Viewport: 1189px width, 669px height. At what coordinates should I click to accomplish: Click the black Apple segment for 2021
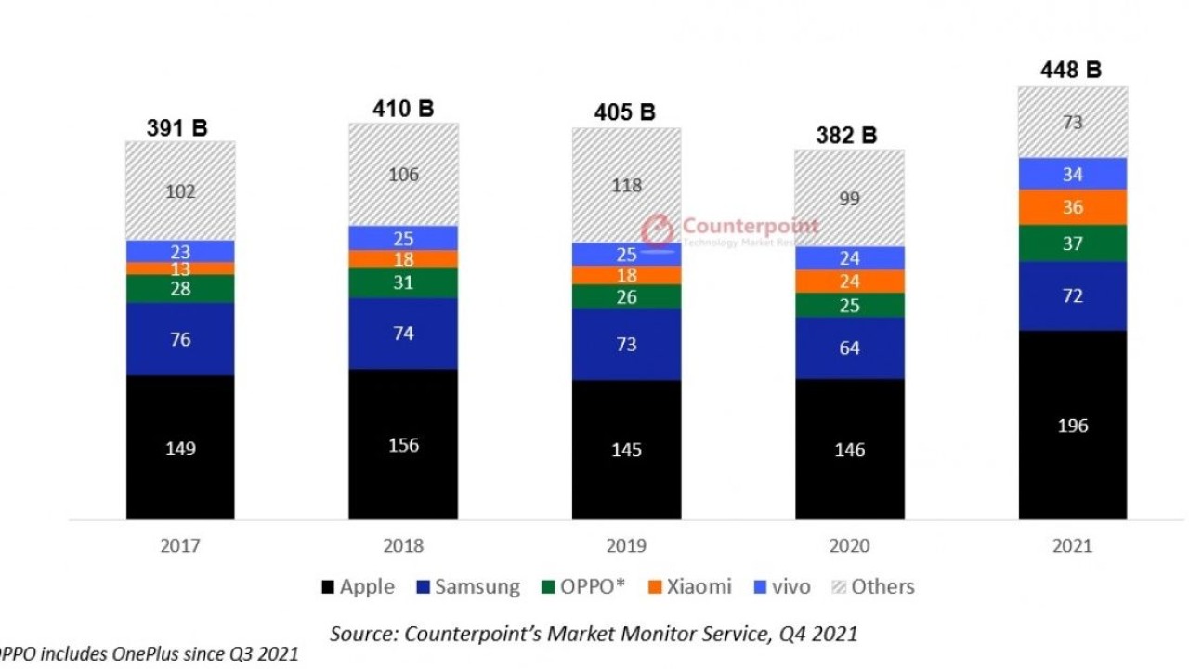1072,426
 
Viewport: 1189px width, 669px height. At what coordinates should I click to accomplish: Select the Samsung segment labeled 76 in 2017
180,339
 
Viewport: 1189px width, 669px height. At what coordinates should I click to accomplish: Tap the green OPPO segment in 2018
403,283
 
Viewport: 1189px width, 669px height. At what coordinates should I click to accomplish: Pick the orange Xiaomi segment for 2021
1072,207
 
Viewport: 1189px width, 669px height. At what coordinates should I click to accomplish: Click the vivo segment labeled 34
1072,174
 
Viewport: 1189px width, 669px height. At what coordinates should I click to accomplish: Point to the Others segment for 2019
626,185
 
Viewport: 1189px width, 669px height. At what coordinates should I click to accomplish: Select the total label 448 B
1072,70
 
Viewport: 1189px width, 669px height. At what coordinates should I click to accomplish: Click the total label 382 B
849,135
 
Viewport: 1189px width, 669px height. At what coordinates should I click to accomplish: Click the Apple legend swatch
326,587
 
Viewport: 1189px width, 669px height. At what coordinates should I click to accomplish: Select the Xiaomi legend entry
689,587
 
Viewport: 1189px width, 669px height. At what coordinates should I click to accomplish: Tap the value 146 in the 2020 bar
849,451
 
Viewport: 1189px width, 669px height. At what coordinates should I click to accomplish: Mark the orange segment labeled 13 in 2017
180,269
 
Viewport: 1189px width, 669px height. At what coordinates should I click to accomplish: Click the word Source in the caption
361,634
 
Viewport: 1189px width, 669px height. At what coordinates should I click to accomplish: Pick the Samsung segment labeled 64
849,348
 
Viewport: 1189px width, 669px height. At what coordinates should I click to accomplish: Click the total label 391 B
176,128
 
